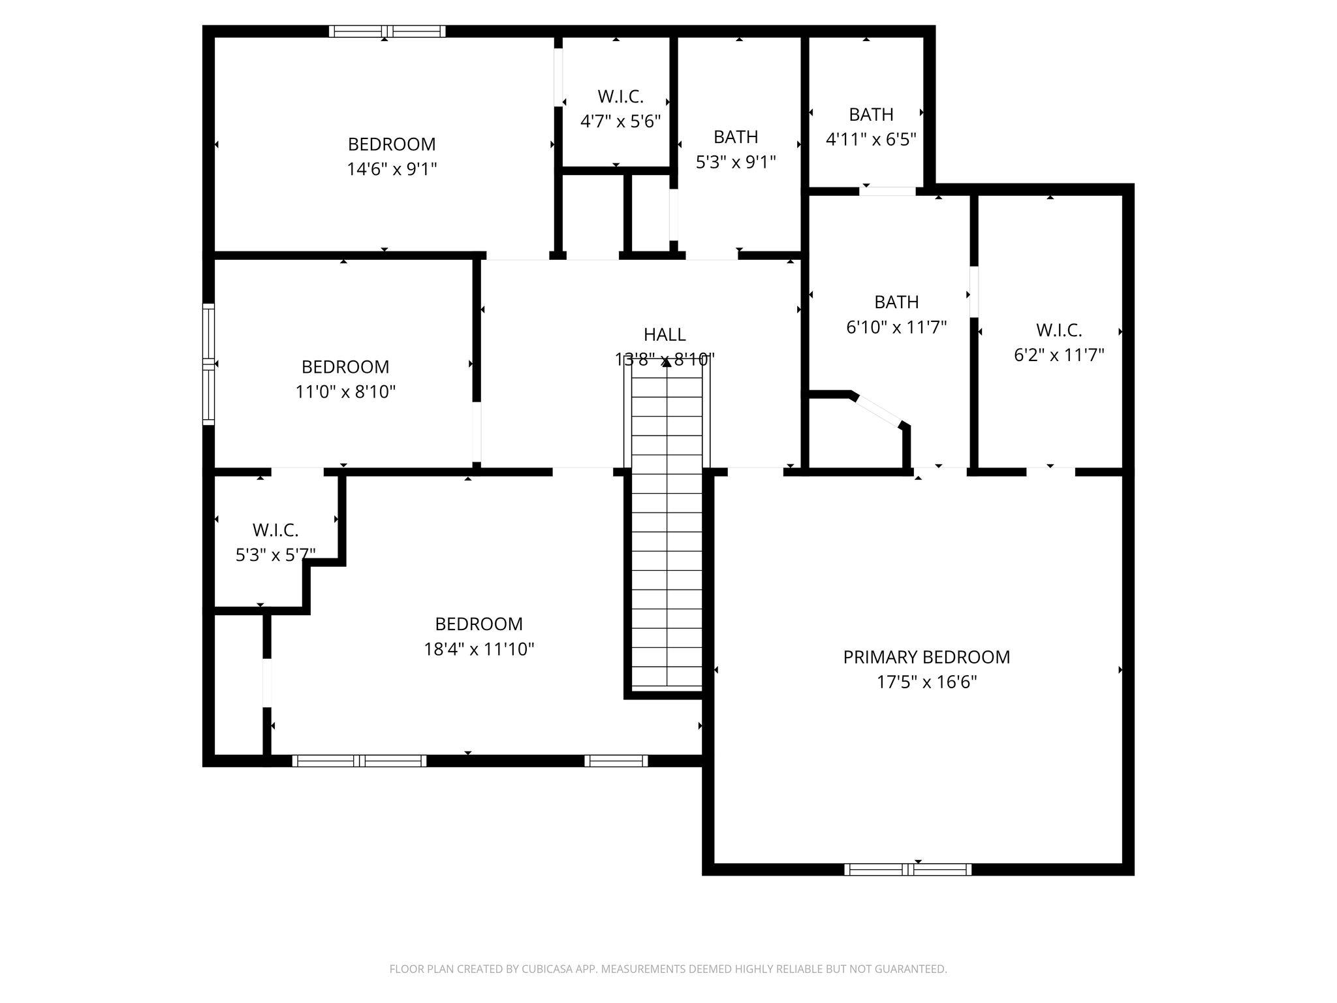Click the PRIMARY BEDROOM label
click(926, 657)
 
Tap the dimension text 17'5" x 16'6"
click(926, 682)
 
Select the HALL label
click(665, 334)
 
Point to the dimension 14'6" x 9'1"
click(392, 169)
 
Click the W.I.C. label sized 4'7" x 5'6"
click(620, 97)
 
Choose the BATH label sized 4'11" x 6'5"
click(871, 114)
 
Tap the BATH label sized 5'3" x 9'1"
click(736, 136)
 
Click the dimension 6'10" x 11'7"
click(896, 327)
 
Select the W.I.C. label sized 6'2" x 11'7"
click(1058, 330)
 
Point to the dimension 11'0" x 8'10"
click(345, 392)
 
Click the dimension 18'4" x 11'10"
click(479, 649)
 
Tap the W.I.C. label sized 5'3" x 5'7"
click(275, 530)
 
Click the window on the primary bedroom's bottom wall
click(907, 869)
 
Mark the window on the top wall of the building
click(387, 31)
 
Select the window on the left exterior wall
click(208, 364)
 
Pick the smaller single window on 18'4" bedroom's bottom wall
click(616, 761)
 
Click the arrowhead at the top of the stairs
click(667, 363)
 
